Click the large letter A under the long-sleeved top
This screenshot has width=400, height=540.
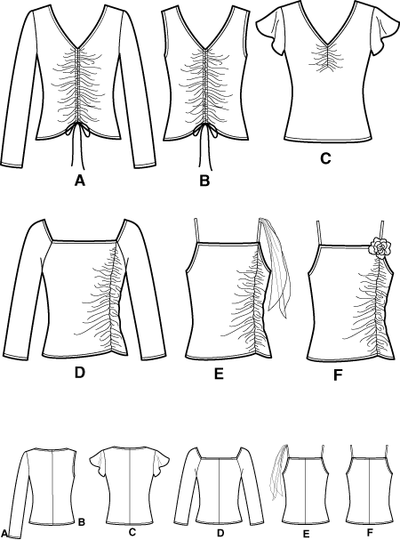(79, 180)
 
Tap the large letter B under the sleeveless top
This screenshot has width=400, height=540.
(204, 180)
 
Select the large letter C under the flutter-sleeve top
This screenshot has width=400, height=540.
(325, 158)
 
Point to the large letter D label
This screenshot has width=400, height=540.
(79, 372)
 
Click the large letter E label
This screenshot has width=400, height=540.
(219, 373)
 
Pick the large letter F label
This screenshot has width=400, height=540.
(338, 375)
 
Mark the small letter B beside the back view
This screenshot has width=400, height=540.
(82, 522)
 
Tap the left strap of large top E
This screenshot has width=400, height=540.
(197, 230)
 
